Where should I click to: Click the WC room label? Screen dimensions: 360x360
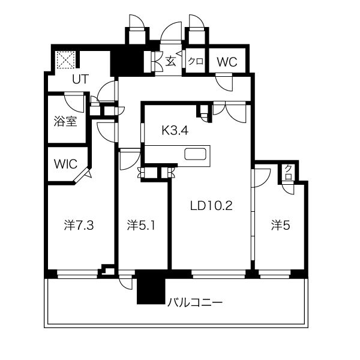[227, 62]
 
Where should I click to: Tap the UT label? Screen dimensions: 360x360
[80, 79]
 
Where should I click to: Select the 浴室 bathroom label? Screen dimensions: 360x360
[65, 121]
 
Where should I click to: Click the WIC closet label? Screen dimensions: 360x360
[65, 164]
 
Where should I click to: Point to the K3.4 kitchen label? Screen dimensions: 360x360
[175, 131]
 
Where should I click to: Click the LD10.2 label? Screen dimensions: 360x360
[211, 206]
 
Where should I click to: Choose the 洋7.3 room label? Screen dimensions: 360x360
[79, 226]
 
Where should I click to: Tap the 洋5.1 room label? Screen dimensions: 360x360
[141, 226]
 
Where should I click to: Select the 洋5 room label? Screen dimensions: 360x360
[281, 226]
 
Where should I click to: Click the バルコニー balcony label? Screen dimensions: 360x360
[195, 302]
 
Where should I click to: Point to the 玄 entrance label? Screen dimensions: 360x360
[171, 61]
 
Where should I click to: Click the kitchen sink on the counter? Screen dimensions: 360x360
[195, 154]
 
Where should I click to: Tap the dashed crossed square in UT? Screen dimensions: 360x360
[66, 60]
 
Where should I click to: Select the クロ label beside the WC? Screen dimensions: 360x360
[196, 62]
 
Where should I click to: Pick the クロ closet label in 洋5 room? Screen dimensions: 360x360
[288, 173]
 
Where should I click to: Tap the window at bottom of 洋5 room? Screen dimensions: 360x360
[275, 274]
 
